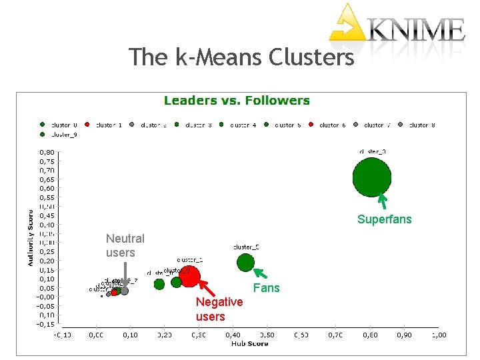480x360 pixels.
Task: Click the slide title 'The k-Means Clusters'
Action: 241,57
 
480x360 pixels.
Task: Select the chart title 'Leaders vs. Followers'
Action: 237,101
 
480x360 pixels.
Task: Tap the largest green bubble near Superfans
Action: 371,177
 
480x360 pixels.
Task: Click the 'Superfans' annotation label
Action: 384,219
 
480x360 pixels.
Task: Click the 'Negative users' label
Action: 219,309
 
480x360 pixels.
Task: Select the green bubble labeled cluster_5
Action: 245,262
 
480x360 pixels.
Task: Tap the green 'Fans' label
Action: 267,288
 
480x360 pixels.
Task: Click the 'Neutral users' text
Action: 125,245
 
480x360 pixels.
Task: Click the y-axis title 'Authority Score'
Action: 30,238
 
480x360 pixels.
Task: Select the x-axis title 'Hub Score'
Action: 249,343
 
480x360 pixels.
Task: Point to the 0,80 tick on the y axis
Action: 46,152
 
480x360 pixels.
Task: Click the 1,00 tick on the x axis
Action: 437,335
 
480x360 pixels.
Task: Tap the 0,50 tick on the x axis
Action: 266,335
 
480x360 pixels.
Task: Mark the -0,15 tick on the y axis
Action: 46,324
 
